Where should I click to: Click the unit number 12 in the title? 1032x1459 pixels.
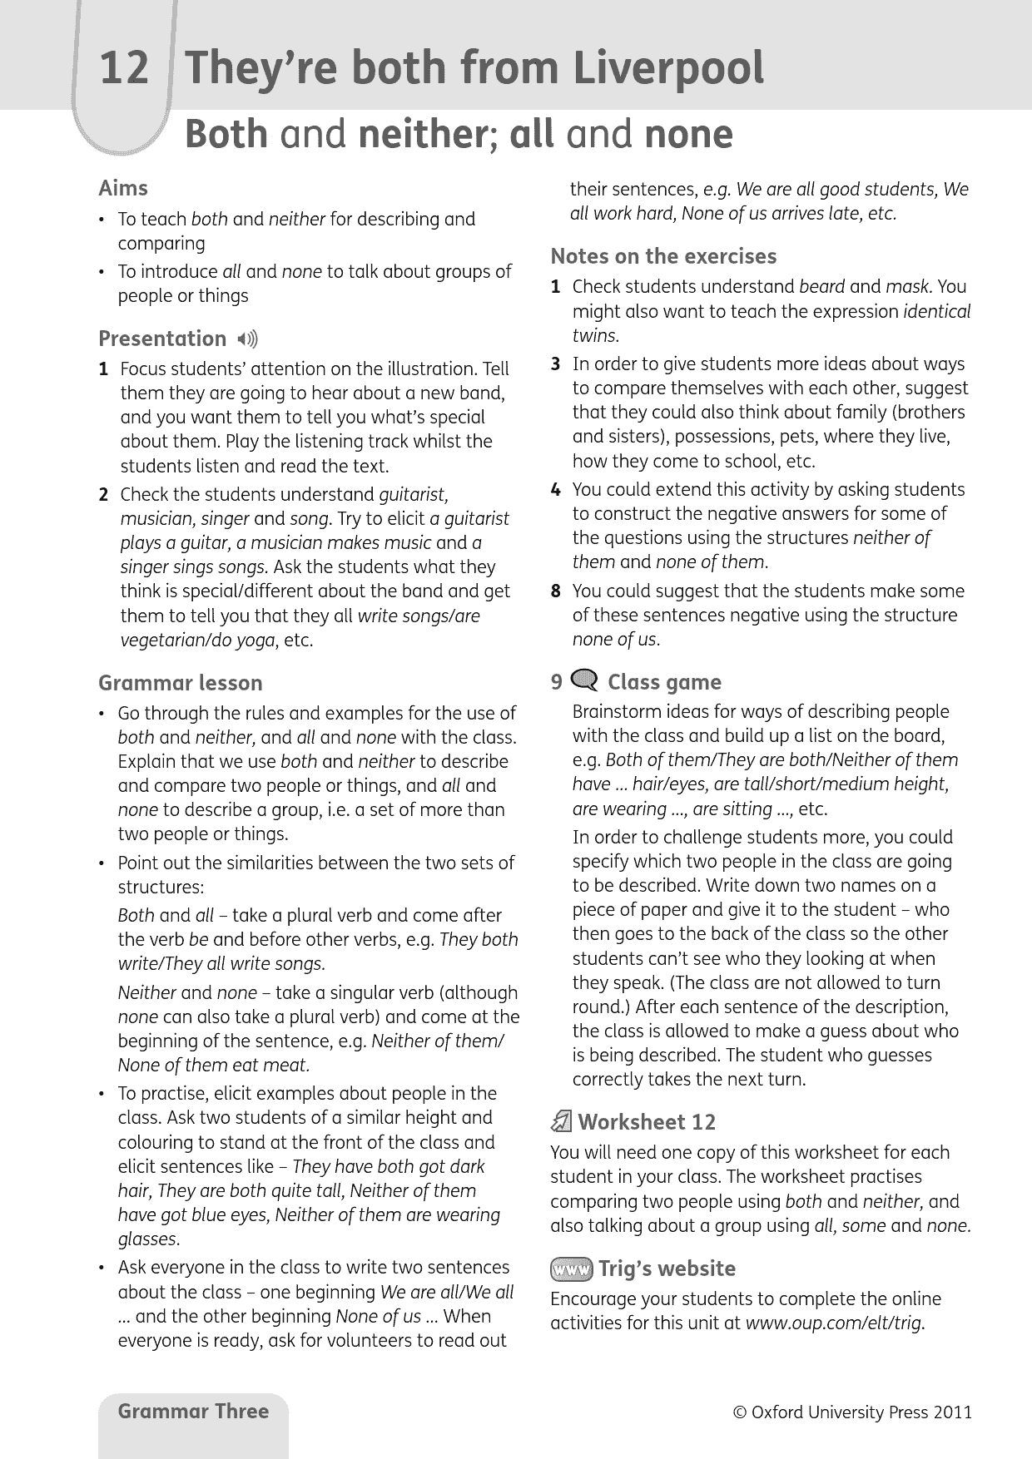[124, 68]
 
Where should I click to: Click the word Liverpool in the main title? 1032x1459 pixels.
[668, 68]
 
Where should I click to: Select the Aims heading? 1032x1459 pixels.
[123, 188]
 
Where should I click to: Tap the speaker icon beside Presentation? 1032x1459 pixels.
[247, 339]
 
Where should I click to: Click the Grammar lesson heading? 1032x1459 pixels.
[180, 683]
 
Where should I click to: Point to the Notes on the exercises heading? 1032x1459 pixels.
[663, 256]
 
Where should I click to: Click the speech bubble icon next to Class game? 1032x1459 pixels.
[586, 681]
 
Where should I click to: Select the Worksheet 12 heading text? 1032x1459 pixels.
[647, 1122]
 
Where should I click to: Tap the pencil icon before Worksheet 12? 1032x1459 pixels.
[562, 1123]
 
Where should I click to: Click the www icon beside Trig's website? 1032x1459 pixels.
[571, 1269]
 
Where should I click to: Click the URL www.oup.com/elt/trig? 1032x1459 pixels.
[835, 1323]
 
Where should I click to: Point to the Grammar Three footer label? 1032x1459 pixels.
[193, 1412]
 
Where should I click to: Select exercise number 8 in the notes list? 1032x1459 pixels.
[555, 591]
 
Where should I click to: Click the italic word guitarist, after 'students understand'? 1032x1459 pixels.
[414, 495]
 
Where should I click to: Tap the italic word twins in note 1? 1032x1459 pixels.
[594, 336]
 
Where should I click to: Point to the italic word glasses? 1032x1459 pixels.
[148, 1239]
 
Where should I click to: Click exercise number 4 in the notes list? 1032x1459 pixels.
[555, 490]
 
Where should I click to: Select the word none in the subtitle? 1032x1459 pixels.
[689, 135]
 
